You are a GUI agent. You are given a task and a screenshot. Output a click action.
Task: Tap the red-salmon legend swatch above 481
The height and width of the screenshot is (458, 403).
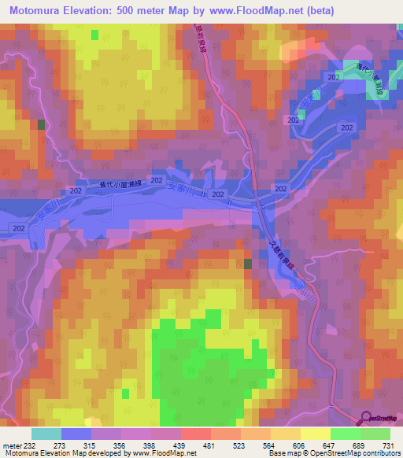coord(195,434)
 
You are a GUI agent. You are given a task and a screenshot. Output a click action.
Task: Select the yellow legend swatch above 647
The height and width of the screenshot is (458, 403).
coord(315,434)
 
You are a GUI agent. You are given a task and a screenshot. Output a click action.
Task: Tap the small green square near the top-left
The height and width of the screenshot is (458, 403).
coord(95,35)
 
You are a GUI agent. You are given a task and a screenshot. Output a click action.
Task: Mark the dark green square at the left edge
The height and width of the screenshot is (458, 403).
coord(41,124)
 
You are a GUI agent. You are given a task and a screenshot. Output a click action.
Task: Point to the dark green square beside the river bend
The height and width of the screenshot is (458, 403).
coord(248,264)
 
